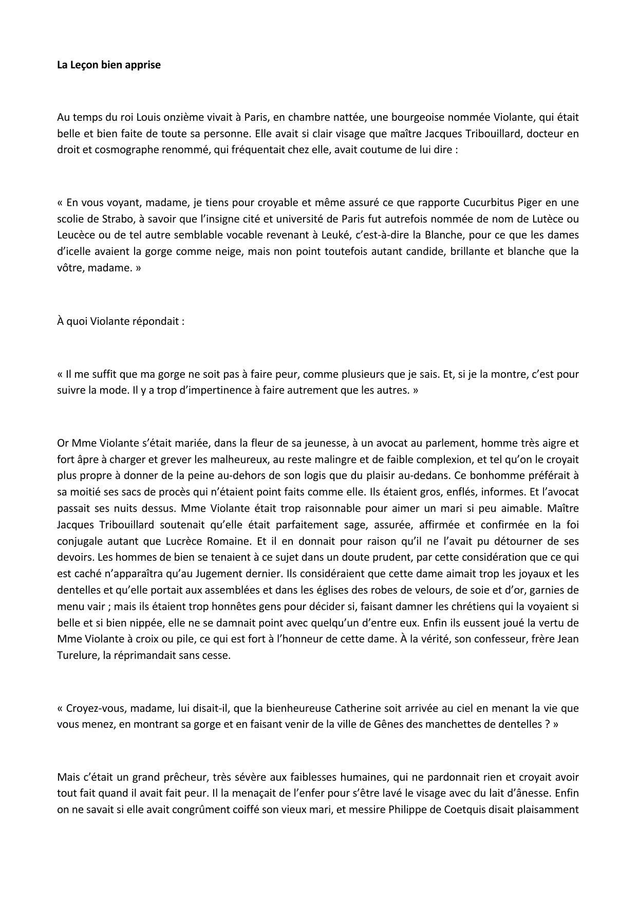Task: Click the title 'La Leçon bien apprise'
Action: point(108,65)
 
